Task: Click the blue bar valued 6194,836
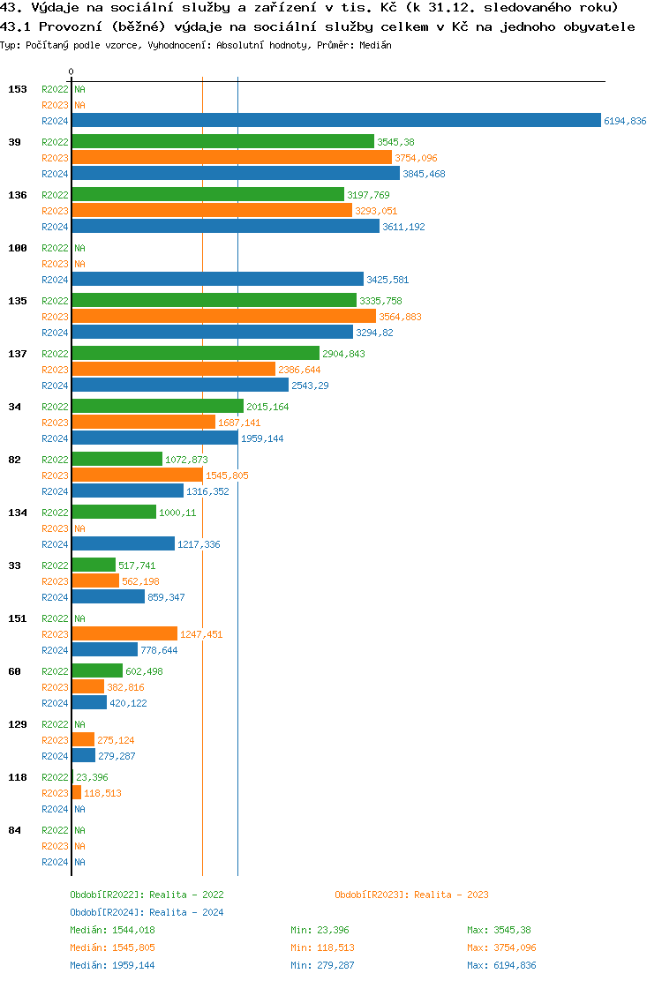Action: [335, 121]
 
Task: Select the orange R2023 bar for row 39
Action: [231, 158]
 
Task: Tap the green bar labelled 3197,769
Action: [207, 195]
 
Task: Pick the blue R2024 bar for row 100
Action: [217, 280]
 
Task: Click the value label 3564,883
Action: [400, 317]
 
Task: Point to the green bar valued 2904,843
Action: [195, 354]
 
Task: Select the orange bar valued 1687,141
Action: [143, 423]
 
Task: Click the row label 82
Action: [14, 460]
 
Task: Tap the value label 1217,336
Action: [199, 544]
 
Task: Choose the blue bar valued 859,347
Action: [108, 597]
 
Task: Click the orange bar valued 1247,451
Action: [124, 634]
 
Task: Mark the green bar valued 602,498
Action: [97, 671]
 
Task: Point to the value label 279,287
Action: [117, 756]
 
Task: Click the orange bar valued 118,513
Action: [76, 793]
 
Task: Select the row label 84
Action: [14, 830]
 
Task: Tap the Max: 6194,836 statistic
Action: [501, 965]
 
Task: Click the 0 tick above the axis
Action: [71, 71]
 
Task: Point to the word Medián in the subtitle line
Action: [375, 44]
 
